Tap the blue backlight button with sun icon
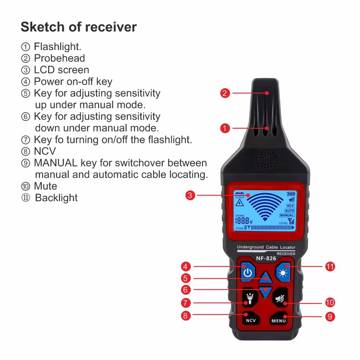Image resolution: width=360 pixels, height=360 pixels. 283,273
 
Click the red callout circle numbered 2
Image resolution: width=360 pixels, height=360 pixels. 225,94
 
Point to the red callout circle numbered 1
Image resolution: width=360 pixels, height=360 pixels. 225,128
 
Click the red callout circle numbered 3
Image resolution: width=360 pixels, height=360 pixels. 190,195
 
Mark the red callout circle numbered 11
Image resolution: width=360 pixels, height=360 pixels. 330,266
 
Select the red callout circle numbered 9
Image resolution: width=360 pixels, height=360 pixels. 330,316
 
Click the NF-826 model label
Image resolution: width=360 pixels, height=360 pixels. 265,259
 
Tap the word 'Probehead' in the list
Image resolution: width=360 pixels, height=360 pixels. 59,58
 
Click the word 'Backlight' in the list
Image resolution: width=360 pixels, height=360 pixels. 56,198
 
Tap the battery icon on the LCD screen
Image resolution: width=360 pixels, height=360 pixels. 292,194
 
